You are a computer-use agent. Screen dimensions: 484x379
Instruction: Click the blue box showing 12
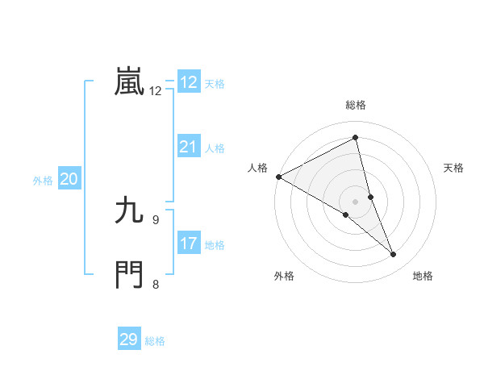[x=189, y=82]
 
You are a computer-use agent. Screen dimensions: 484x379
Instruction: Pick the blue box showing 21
[x=189, y=147]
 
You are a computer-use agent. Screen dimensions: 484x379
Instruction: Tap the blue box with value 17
[x=189, y=244]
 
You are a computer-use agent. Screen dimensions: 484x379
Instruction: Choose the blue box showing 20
[x=69, y=179]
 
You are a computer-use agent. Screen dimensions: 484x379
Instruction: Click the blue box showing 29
[x=129, y=339]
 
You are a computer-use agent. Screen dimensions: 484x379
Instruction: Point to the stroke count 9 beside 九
[x=156, y=219]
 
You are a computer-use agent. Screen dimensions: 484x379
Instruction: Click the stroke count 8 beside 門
[x=156, y=283]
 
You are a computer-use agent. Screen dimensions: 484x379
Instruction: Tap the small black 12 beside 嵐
[x=156, y=91]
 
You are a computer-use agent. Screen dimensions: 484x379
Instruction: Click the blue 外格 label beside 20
[x=43, y=181]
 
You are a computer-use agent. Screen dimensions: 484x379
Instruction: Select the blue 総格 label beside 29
[x=155, y=341]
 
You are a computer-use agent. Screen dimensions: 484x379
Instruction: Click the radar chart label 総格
[x=356, y=105]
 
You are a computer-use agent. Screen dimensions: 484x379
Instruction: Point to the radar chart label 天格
[x=454, y=168]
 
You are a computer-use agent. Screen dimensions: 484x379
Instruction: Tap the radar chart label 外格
[x=284, y=276]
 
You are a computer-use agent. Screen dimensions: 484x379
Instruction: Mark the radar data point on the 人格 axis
[x=278, y=177]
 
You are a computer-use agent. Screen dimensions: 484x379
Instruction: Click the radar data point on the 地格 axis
[x=394, y=255]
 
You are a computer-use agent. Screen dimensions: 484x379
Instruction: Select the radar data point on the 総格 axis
[x=356, y=138]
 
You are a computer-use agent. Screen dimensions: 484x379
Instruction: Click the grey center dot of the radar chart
[x=355, y=201]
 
